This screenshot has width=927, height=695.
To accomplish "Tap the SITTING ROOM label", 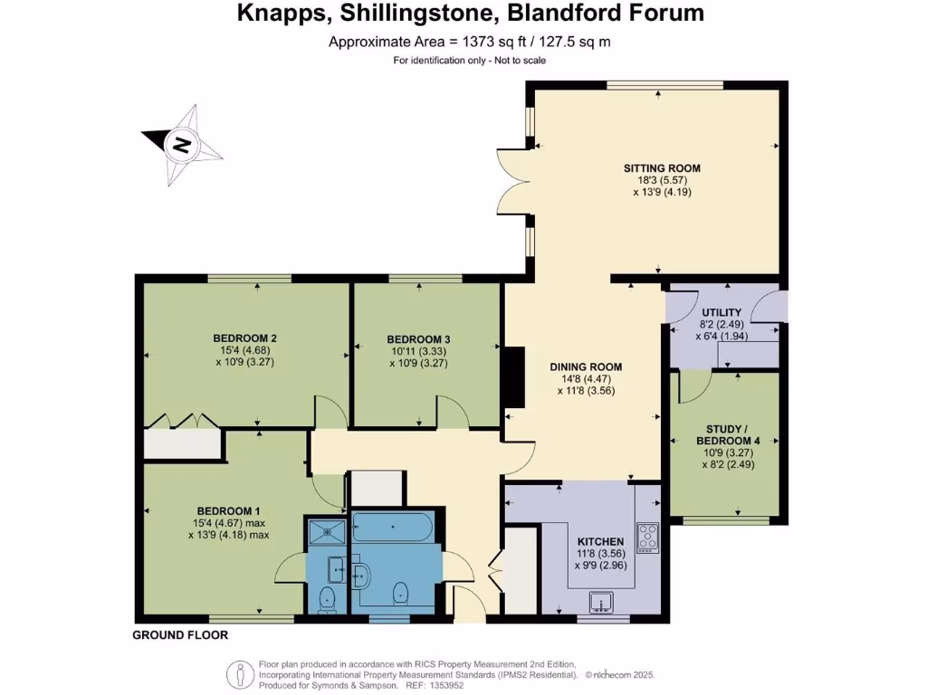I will pos(662,168).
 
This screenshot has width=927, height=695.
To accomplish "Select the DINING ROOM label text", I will pos(586,367).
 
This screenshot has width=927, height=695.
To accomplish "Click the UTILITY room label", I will pos(721,312).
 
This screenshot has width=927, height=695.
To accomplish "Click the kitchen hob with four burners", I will pos(647,538).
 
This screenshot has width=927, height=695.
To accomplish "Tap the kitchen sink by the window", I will pos(599,601).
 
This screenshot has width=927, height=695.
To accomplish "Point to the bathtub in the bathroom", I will pos(393,525).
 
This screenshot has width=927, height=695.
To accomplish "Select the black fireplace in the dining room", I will pos(514,378).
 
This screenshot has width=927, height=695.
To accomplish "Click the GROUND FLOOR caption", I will pos(180,635).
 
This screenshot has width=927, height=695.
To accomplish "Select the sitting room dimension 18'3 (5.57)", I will pos(662,180).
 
